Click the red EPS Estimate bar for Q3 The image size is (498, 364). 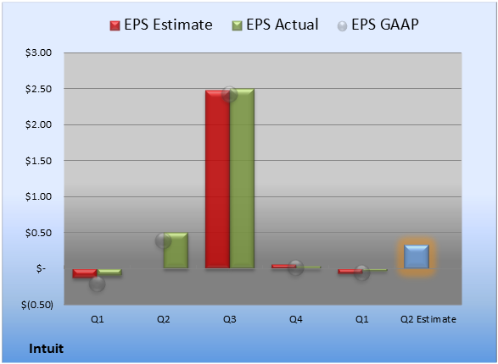[x=217, y=179]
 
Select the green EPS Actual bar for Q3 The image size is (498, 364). [x=242, y=179]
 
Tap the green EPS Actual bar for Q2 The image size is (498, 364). [x=176, y=251]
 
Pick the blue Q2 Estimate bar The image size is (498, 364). [x=417, y=256]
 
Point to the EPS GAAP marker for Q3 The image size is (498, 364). [x=229, y=94]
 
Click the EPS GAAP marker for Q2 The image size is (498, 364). [x=163, y=240]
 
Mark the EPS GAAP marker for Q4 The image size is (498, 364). [x=296, y=268]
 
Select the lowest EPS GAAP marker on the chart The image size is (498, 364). [x=98, y=284]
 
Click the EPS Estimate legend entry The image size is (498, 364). [x=161, y=25]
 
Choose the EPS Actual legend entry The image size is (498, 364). [x=275, y=25]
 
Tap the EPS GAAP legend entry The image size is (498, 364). [x=378, y=25]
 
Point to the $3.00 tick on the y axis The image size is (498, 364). [x=38, y=52]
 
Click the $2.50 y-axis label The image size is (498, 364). [x=38, y=89]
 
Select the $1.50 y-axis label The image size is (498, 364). [x=38, y=161]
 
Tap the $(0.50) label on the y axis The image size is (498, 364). [x=37, y=305]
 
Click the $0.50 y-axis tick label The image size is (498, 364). [x=38, y=233]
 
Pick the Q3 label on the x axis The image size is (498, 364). [x=230, y=319]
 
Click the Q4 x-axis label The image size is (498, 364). [x=296, y=319]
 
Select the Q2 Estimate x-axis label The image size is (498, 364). [x=428, y=319]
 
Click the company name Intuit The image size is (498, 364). [x=47, y=349]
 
